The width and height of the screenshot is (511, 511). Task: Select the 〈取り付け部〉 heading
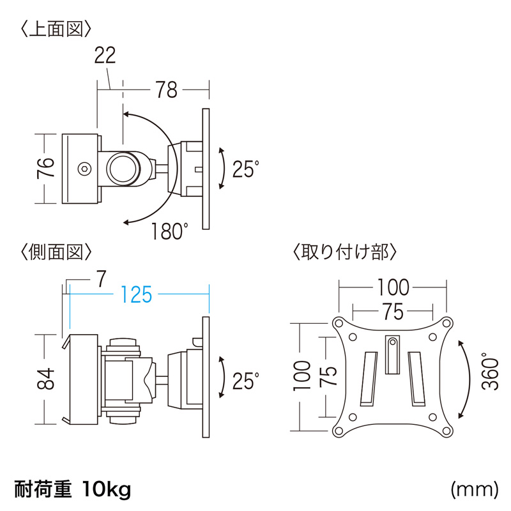pyautogui.click(x=345, y=252)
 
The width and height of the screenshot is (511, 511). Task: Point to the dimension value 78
pyautogui.click(x=166, y=91)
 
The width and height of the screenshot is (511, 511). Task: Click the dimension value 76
pyautogui.click(x=46, y=169)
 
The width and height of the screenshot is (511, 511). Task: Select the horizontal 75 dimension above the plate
pyautogui.click(x=393, y=312)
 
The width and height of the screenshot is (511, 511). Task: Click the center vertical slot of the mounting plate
pyautogui.click(x=393, y=354)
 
